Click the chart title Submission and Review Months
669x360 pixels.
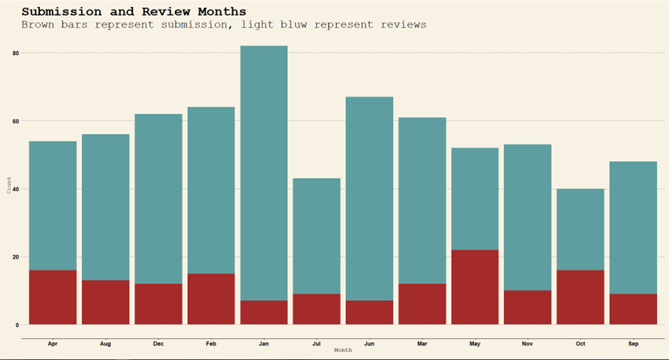click(134, 11)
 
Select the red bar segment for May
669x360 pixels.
click(475, 287)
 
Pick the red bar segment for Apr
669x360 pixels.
click(53, 297)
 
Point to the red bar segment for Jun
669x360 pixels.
click(369, 312)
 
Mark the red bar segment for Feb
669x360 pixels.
click(211, 299)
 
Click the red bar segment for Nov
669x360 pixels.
click(527, 307)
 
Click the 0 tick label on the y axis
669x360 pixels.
click(16, 325)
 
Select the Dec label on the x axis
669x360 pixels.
click(158, 344)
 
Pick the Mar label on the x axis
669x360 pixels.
click(422, 344)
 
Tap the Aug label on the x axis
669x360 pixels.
click(105, 344)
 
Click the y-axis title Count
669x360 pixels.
click(9, 187)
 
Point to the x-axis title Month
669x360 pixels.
click(343, 350)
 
